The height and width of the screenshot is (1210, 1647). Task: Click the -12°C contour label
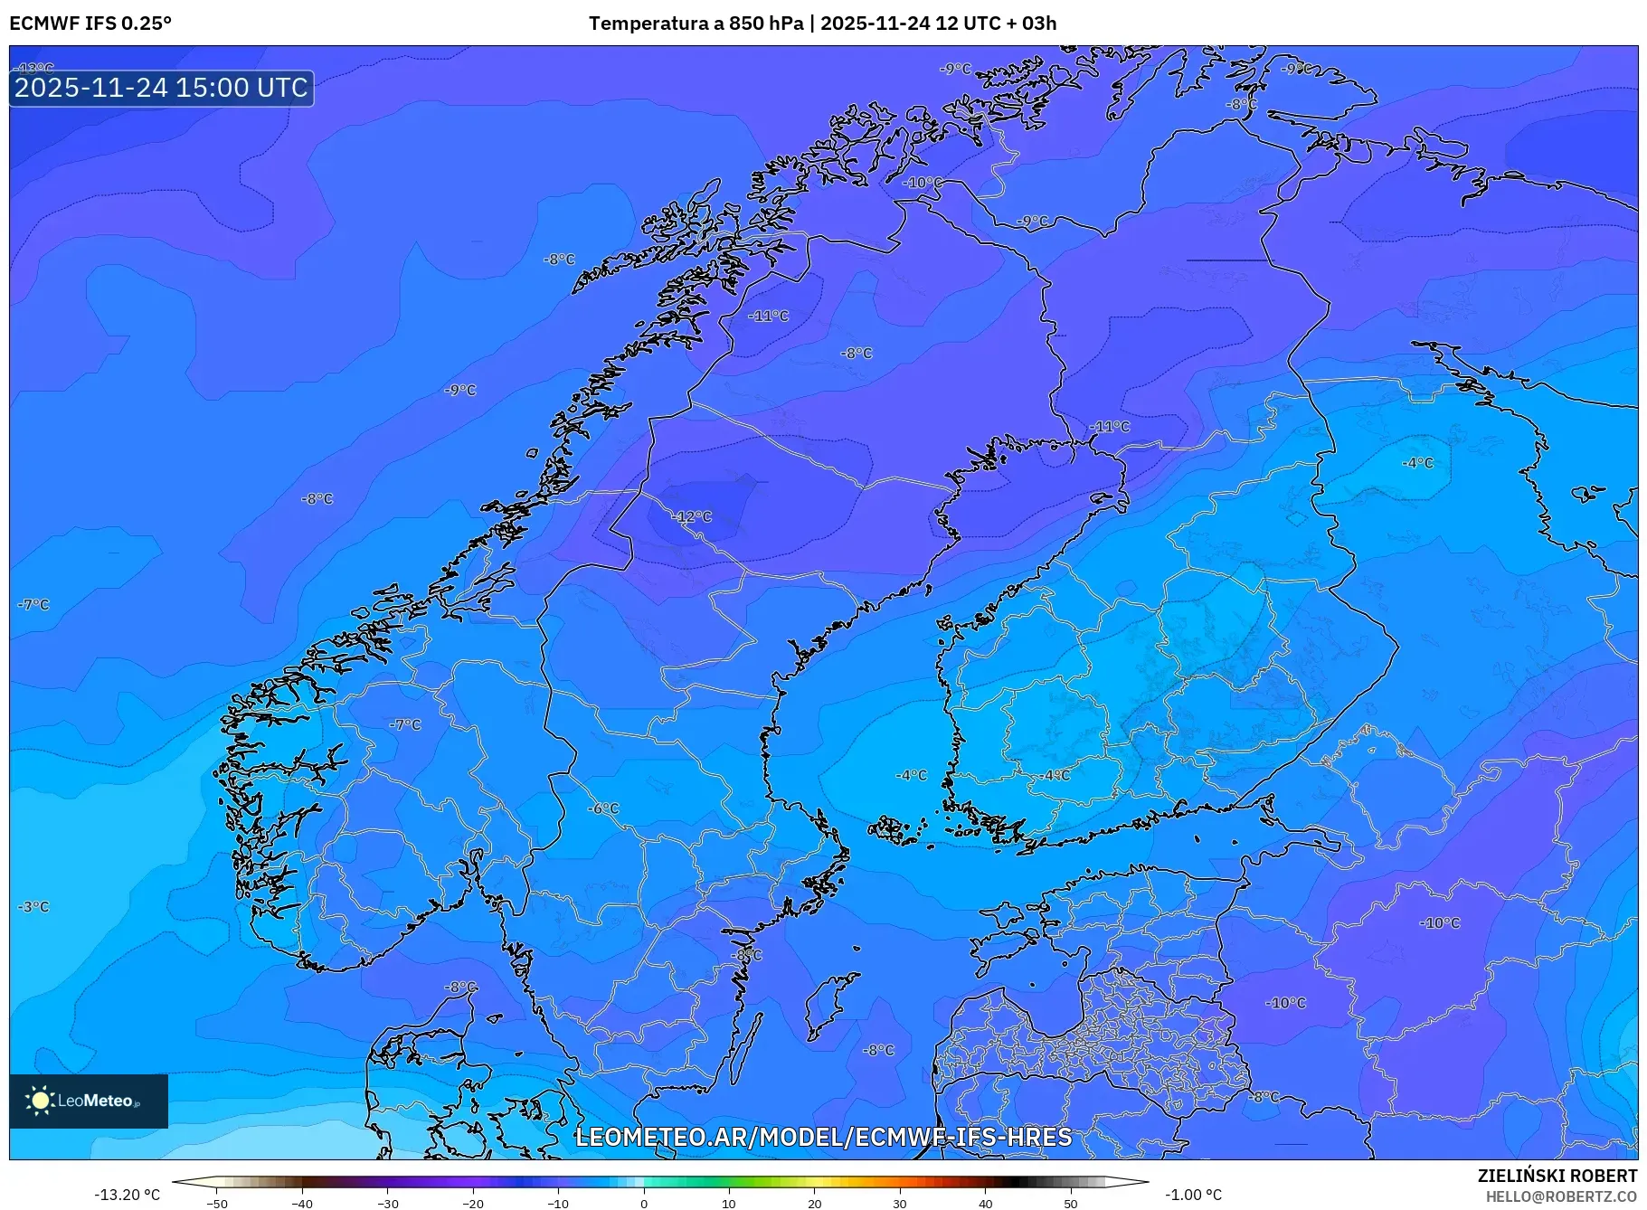coord(692,516)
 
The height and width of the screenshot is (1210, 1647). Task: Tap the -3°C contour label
coord(33,907)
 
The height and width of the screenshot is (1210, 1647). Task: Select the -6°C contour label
coord(603,808)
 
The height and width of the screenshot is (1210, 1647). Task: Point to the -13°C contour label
coord(36,68)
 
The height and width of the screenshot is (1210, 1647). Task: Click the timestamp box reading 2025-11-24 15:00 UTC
coord(161,88)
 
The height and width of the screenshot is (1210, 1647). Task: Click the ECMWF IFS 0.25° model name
coord(90,24)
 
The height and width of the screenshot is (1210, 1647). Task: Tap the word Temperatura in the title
coord(647,24)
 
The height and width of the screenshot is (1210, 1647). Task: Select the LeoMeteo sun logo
coord(40,1101)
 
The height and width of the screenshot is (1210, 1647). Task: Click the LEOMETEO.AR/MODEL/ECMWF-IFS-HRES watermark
coord(823,1137)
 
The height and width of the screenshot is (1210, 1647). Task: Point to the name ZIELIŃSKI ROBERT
coord(1557,1176)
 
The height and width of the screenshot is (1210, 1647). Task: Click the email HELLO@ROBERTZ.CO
coord(1561,1196)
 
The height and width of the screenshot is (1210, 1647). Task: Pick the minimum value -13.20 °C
coord(128,1195)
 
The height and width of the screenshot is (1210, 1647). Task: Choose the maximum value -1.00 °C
coord(1193,1195)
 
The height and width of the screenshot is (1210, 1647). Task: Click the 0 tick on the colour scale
coord(644,1203)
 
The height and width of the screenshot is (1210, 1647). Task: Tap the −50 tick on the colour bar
coord(217,1203)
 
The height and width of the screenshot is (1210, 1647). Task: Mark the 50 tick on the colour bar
coord(1071,1203)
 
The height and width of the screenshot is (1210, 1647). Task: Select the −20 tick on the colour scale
coord(473,1203)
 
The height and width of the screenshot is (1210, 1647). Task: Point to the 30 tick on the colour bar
coord(900,1203)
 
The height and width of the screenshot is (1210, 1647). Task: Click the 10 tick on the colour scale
coord(729,1203)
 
